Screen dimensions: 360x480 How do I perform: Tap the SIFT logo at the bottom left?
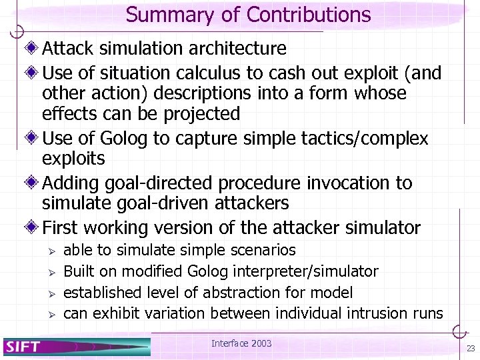click(23, 346)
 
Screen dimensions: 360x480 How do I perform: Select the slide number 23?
click(471, 349)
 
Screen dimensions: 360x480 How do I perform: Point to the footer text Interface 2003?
click(241, 343)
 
